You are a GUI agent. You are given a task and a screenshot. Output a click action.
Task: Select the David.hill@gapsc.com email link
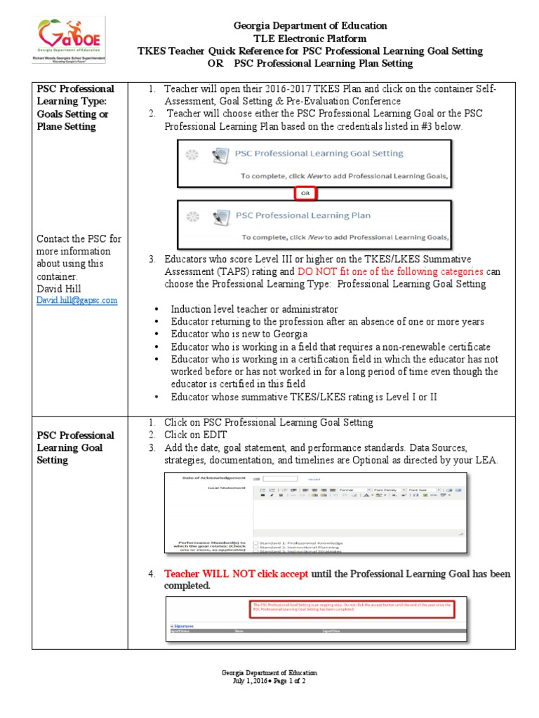[77, 300]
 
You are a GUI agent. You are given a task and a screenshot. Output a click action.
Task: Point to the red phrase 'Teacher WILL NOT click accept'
[236, 574]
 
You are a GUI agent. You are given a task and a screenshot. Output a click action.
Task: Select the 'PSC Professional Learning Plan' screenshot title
[303, 215]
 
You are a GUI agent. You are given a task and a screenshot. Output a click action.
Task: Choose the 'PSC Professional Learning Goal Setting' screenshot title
[319, 153]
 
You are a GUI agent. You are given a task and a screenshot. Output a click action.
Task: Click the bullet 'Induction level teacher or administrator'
[254, 309]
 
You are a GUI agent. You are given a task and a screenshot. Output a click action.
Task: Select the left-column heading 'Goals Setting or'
[72, 114]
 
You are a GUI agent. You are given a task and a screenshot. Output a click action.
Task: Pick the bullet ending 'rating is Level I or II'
[304, 397]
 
